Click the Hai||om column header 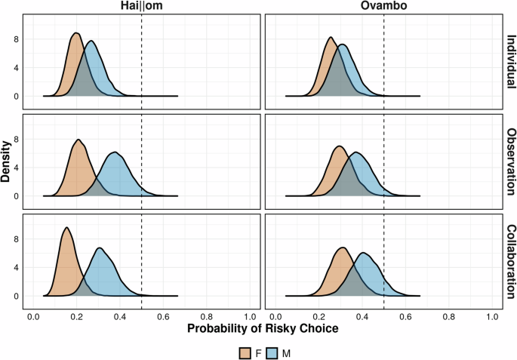tap(141, 8)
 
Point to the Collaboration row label tap(509, 261)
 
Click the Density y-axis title tap(7, 161)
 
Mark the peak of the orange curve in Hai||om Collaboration tap(66, 228)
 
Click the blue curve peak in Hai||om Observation tap(115, 153)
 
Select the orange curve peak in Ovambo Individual tap(331, 38)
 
